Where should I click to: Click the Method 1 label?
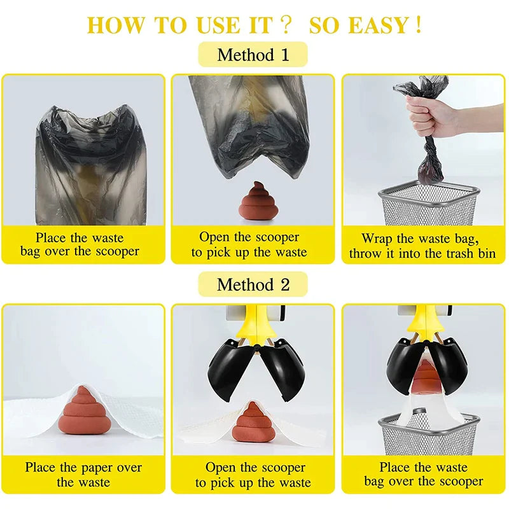tap(253, 55)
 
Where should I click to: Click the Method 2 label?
tap(253, 284)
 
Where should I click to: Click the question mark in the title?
tap(285, 25)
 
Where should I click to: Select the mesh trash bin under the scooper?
tap(429, 435)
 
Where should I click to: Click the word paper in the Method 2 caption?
tap(97, 468)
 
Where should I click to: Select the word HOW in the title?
tap(116, 25)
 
